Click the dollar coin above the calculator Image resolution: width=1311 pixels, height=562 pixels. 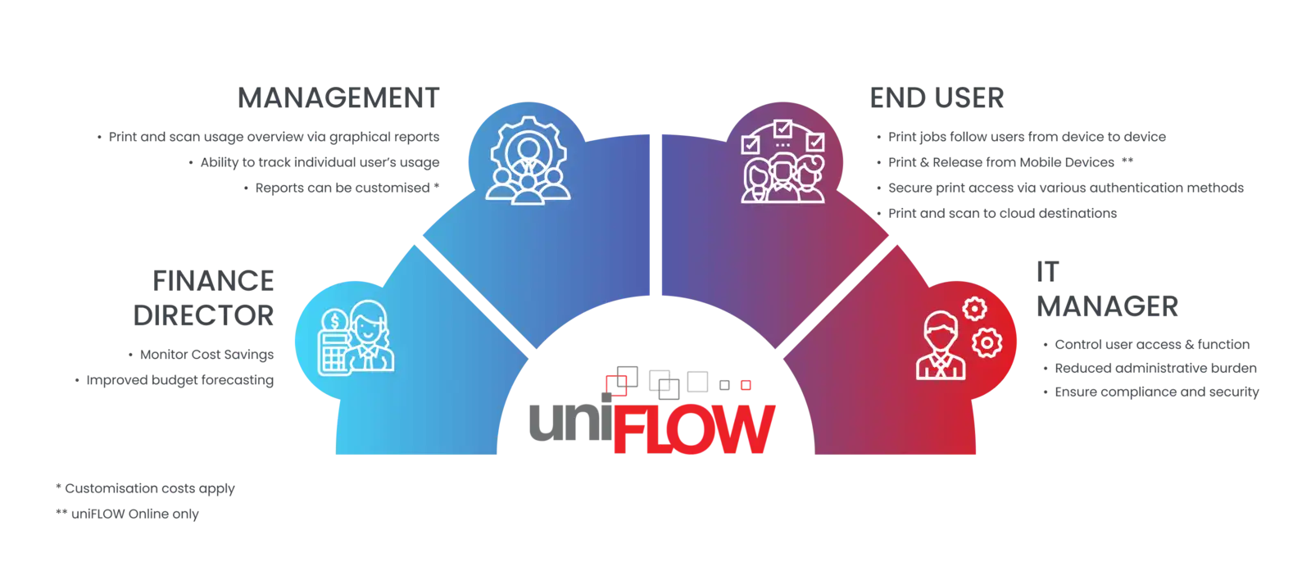pos(334,319)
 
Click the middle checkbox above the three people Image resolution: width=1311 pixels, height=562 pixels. pos(783,130)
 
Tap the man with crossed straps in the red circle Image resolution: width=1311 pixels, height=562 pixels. pos(940,348)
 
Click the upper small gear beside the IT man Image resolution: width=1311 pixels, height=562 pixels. pos(974,309)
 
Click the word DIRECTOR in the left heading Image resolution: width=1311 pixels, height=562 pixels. pos(216,315)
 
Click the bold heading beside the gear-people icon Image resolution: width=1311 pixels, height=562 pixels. pos(338,99)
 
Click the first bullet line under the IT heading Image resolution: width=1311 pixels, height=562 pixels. pos(1152,344)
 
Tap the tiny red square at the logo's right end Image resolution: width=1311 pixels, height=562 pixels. pos(746,383)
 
